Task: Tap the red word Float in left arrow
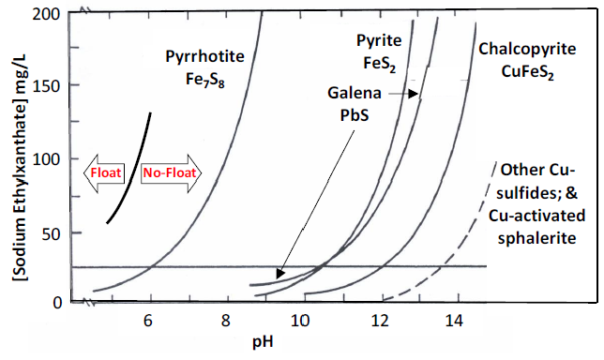tap(101, 173)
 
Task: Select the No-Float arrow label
tap(165, 173)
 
